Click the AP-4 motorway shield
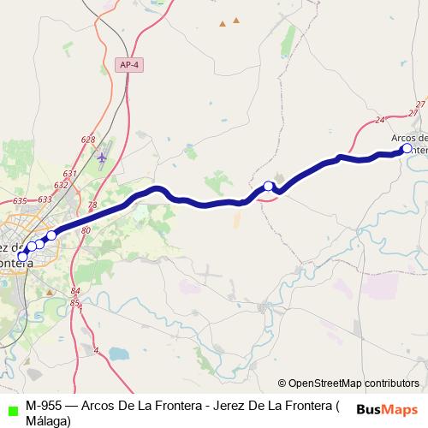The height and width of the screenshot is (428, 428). pos(128,64)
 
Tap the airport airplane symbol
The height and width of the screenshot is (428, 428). pos(103,158)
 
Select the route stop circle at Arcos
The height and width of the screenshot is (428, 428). pos(407,148)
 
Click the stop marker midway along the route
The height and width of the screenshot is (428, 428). pos(268,187)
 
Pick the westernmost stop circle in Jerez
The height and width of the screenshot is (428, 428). pos(22,255)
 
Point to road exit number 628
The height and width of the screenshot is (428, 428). pos(87,140)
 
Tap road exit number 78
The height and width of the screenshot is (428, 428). pos(92,205)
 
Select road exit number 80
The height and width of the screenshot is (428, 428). pos(86,230)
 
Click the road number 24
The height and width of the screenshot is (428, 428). pos(380,121)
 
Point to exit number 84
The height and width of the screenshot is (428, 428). pos(75,291)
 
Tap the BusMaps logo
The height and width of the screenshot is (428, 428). pos(388,408)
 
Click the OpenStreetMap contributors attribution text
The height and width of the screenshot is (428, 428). pos(353,383)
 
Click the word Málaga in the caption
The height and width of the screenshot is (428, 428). pos(48,420)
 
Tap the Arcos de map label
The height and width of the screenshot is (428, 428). pos(408,137)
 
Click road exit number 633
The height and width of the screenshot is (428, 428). pos(45,199)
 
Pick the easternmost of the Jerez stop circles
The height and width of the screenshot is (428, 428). pos(51,235)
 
